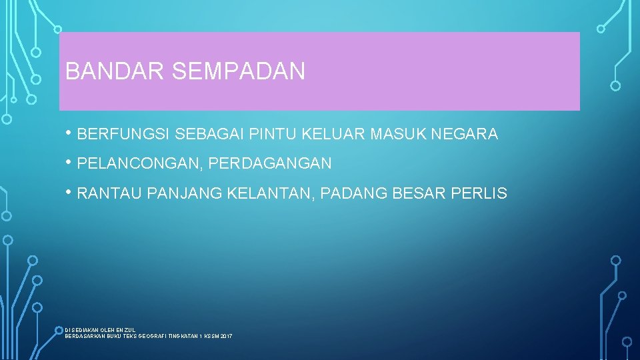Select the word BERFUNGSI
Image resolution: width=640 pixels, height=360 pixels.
123,134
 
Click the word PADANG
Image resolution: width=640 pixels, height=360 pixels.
351,194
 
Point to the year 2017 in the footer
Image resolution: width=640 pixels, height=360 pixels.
226,336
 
